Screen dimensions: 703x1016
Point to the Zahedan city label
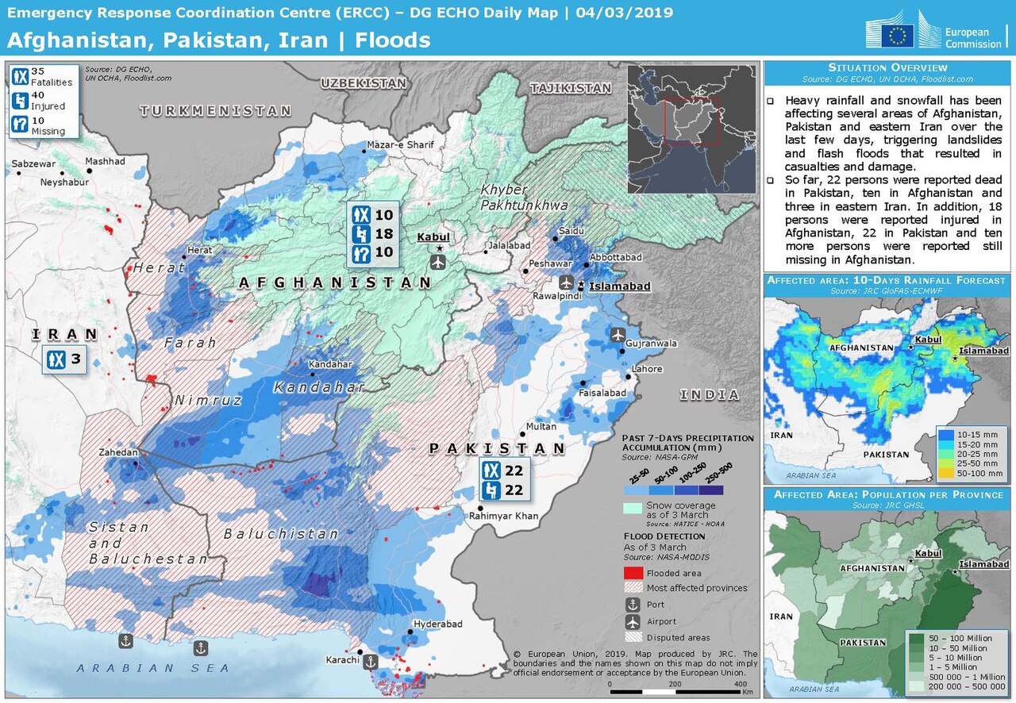pos(119,451)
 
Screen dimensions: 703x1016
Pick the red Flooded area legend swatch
pos(633,573)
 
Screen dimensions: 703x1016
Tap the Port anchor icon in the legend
pos(633,605)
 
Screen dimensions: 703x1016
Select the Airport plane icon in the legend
pos(633,621)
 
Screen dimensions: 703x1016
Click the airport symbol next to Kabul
pos(437,261)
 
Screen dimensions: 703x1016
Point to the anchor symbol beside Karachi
pos(370,660)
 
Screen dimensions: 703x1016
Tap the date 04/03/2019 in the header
pos(625,13)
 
